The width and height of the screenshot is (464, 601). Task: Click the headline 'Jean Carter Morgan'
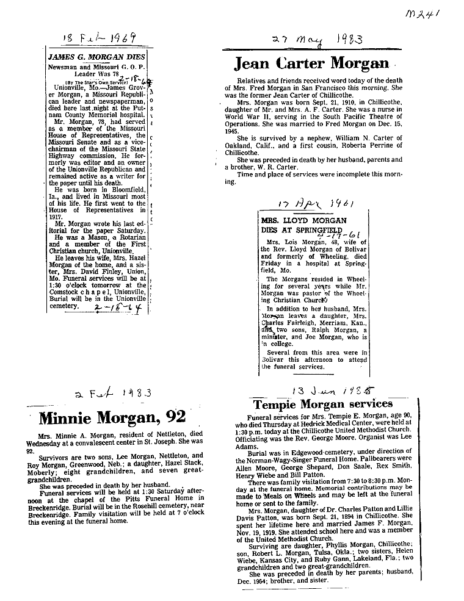click(x=311, y=63)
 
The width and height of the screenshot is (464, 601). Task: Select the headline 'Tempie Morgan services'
click(x=323, y=404)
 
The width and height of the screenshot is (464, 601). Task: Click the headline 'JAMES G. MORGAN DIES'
click(x=96, y=57)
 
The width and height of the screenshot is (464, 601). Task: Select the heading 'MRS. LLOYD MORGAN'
click(x=295, y=220)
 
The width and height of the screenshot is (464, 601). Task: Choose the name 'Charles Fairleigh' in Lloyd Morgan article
click(x=290, y=323)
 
